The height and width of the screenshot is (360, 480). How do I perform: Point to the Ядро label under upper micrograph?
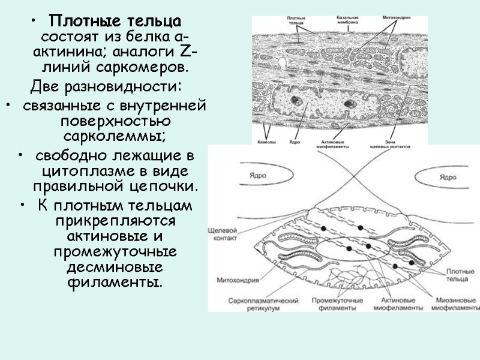click(x=294, y=142)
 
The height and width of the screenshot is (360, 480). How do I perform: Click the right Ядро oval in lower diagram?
click(x=447, y=177)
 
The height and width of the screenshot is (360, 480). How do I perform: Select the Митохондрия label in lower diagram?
click(x=232, y=279)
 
